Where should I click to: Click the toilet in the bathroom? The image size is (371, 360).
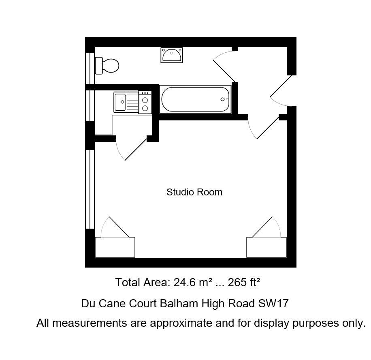point(107,65)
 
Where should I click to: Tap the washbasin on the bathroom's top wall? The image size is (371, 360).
point(172,55)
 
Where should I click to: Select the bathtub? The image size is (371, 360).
point(195,100)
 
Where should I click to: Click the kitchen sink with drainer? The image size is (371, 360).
point(125,102)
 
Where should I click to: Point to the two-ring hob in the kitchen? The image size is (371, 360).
point(145,103)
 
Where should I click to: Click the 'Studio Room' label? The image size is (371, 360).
point(194,192)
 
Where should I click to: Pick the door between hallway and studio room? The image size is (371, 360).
point(263,128)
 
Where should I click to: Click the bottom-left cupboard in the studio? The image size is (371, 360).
point(115,247)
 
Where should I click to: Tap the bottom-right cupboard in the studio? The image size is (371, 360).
point(267,247)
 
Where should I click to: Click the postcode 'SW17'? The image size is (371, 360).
point(274,303)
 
